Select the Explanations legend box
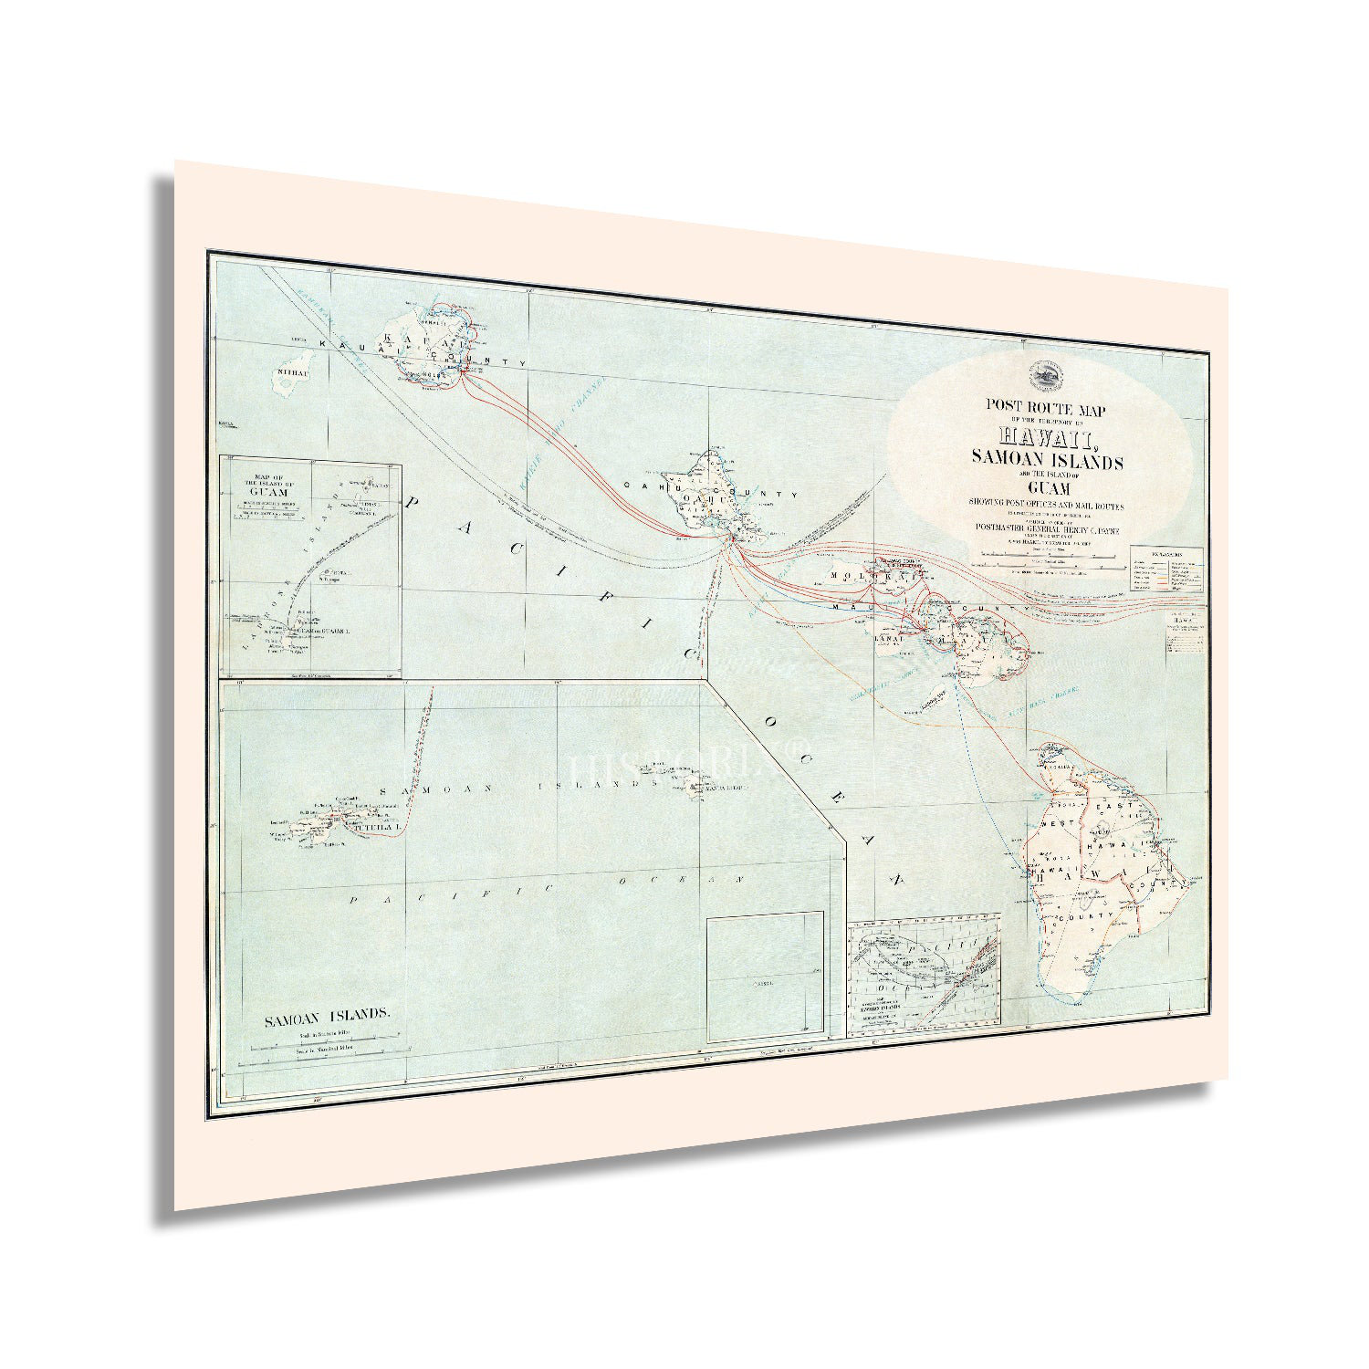[x=1166, y=570]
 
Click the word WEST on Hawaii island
[x=1052, y=826]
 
